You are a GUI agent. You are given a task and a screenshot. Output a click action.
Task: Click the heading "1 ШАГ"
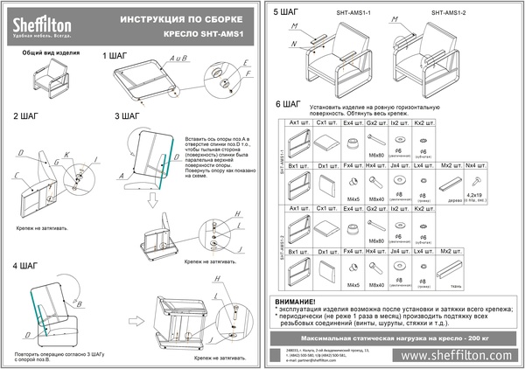coord(115,56)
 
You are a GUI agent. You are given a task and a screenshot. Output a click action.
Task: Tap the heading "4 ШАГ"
coord(24,263)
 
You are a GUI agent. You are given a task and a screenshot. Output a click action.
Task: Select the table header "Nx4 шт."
coord(476,164)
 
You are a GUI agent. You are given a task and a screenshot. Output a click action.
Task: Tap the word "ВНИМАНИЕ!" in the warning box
coord(301,300)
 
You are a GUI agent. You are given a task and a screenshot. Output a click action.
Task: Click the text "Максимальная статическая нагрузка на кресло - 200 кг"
coord(394,337)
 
